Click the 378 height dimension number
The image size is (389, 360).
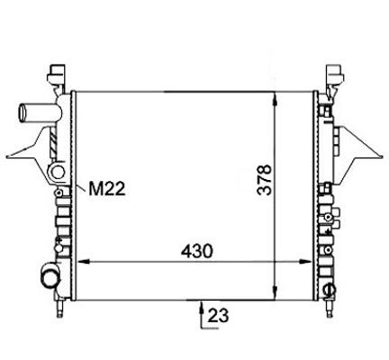(265, 180)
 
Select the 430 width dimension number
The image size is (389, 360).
(196, 251)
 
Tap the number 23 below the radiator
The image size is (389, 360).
(218, 315)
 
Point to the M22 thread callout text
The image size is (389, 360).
(106, 189)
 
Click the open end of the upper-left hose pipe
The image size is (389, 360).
(22, 112)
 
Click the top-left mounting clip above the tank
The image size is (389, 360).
(56, 77)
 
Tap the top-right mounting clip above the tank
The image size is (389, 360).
(335, 77)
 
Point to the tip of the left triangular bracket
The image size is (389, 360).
(6, 157)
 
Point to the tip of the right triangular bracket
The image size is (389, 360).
(383, 157)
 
